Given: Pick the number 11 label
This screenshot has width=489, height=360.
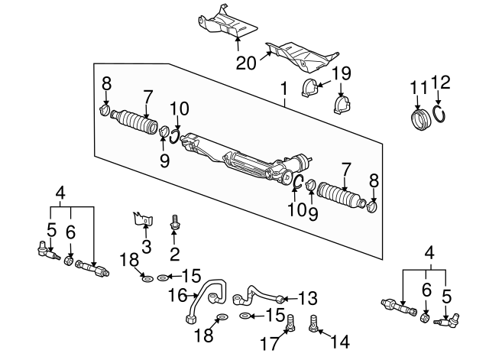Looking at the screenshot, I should [417, 89].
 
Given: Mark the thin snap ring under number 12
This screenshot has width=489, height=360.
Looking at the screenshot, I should [439, 115].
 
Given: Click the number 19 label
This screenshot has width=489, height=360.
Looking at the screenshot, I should [342, 74].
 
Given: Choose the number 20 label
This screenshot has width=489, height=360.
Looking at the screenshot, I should [246, 64].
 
